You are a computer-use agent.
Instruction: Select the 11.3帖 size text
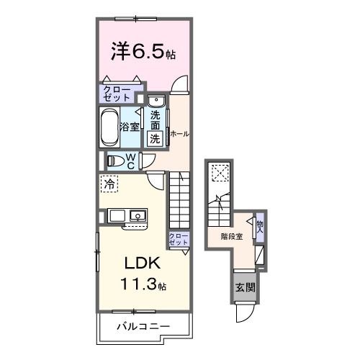coord(143,284)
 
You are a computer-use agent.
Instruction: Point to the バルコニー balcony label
coord(144,326)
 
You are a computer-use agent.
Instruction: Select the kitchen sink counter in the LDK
coord(127,215)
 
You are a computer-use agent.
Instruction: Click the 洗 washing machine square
coord(156,139)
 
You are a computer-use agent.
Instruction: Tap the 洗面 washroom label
coord(156,119)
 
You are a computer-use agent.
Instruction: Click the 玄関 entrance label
coord(244,287)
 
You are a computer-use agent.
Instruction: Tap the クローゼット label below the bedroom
coord(115,93)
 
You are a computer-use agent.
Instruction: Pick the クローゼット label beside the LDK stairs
coord(178,240)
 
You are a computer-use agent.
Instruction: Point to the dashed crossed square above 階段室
coord(219,174)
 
